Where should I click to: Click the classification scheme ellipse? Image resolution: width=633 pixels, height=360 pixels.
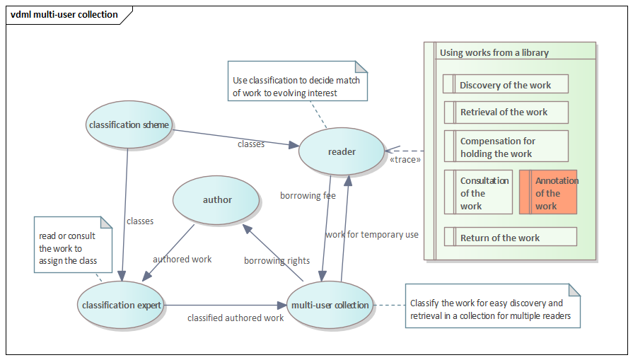point(129,125)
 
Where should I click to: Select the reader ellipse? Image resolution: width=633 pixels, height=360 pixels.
point(342,152)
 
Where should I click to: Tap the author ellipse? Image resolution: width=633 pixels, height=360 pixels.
point(217,200)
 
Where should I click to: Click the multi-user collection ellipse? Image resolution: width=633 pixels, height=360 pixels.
point(330,306)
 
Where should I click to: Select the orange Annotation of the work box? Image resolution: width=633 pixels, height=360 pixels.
point(548,192)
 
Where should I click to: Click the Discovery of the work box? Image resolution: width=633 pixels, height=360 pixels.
point(506,85)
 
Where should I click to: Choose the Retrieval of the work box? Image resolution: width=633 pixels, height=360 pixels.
point(506,112)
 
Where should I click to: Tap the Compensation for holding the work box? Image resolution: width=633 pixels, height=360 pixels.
point(506,147)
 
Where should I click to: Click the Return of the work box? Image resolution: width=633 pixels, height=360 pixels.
point(510,237)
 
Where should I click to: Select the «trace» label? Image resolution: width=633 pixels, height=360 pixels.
point(405,160)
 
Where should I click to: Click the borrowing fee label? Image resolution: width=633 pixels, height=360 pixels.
point(308,196)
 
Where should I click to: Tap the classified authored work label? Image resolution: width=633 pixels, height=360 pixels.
point(236,318)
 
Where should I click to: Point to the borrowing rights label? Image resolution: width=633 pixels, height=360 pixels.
point(277,261)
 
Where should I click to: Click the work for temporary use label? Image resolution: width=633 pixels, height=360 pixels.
point(372,235)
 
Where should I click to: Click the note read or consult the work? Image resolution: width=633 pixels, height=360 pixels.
point(73,244)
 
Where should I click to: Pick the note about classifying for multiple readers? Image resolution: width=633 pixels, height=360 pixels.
point(492,308)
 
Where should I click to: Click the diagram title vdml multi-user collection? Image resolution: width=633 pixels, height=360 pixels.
point(64,14)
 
